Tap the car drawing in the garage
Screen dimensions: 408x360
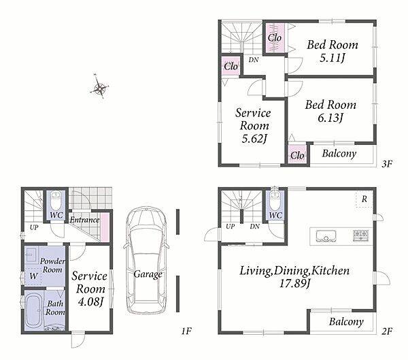pos(146,260)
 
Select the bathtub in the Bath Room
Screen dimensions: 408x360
pos(34,310)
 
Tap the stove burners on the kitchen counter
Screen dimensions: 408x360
pos(360,235)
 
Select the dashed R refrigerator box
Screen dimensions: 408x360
pos(364,199)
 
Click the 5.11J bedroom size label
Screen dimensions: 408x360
pos(332,58)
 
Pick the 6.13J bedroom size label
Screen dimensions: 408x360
pos(330,118)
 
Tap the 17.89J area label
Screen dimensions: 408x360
pos(294,283)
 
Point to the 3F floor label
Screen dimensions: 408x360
pos(387,164)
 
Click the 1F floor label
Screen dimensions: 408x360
pos(186,331)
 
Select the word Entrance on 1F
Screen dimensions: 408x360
pos(84,220)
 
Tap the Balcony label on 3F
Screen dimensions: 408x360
pos(339,153)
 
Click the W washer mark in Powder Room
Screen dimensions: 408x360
pos(33,276)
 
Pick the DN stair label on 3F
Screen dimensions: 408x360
pos(254,60)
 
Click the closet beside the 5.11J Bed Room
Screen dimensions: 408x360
pos(275,38)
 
